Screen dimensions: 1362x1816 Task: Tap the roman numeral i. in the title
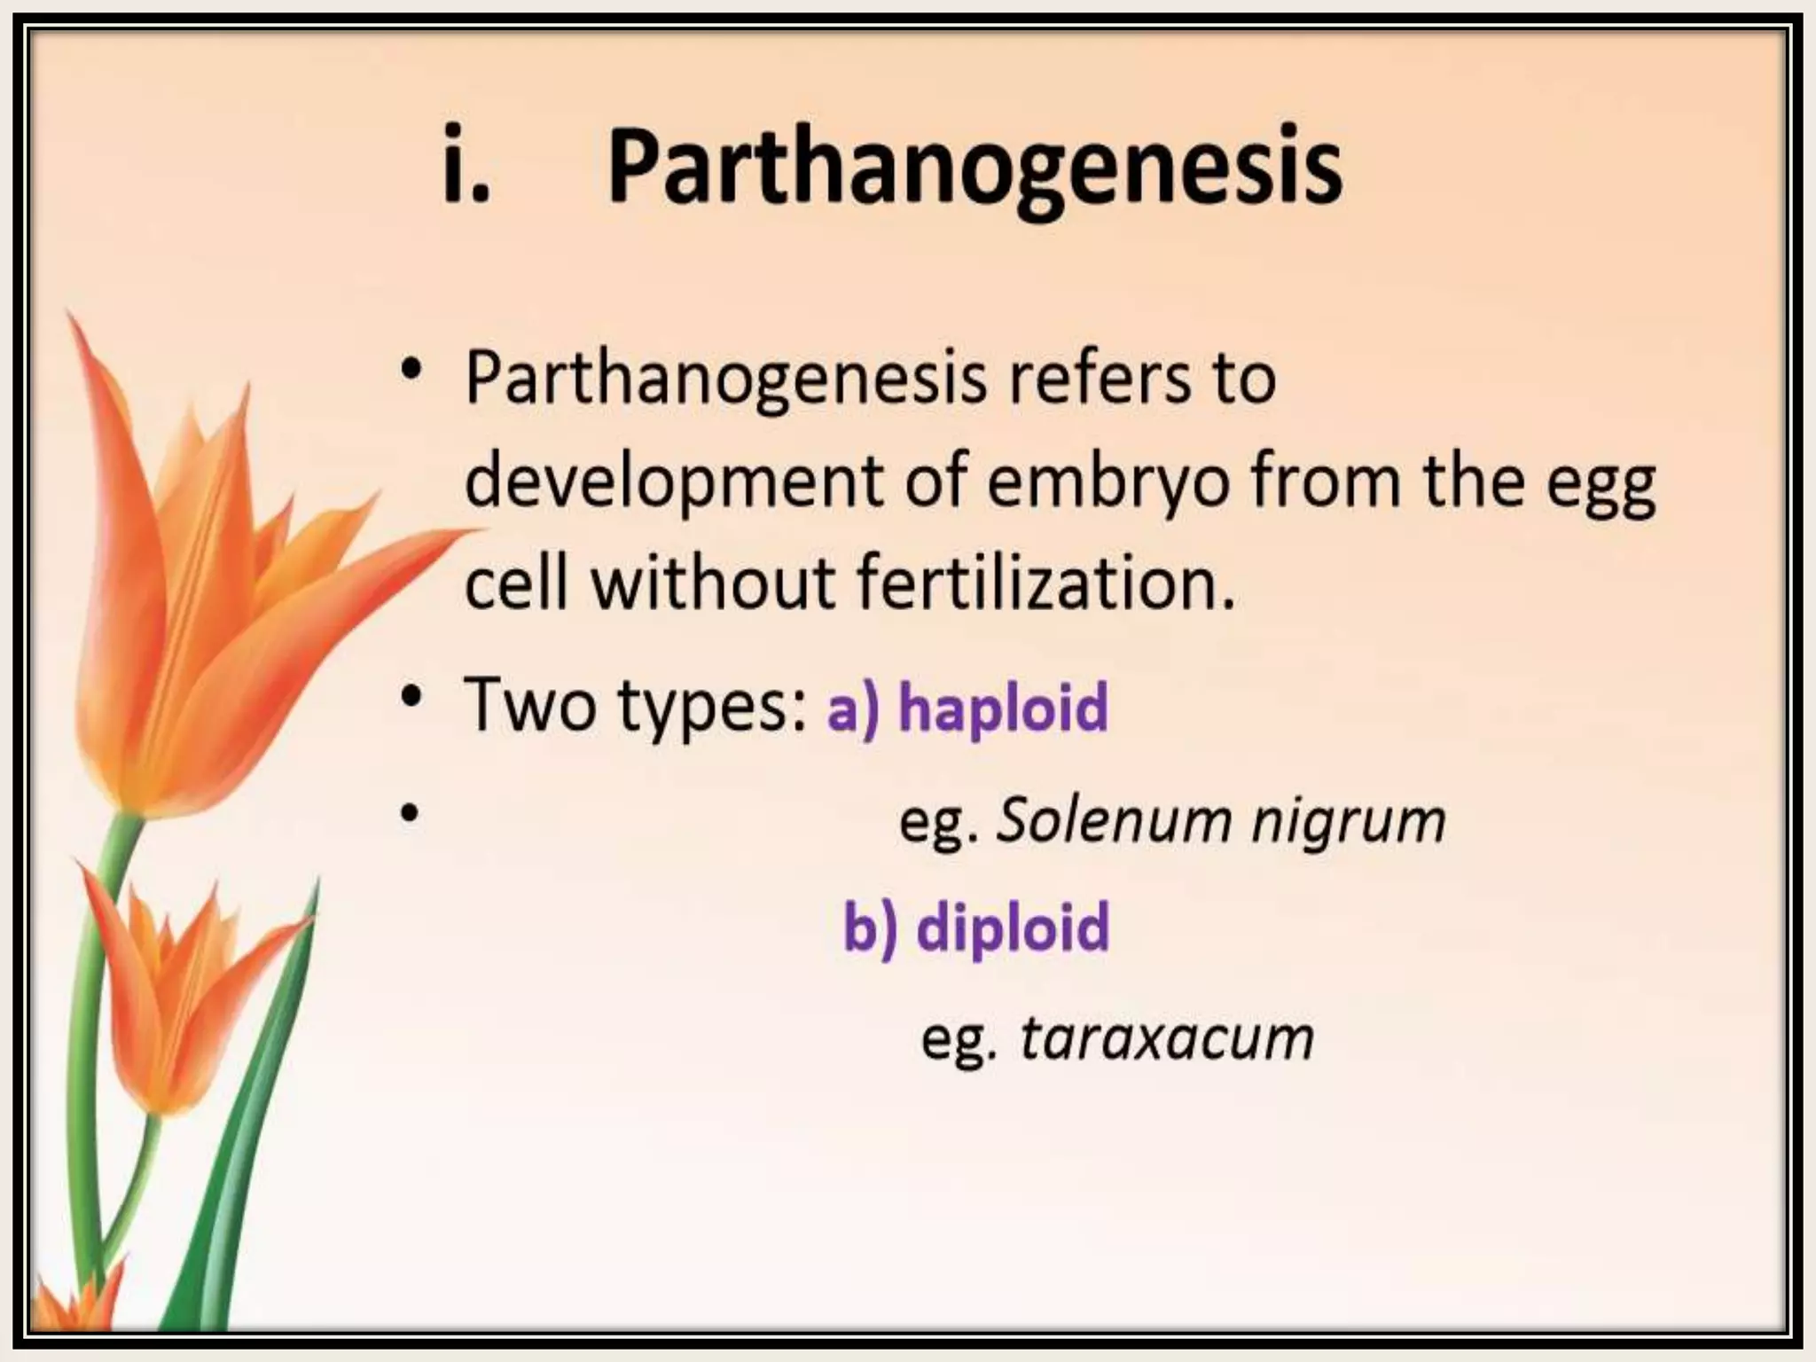pyautogui.click(x=466, y=168)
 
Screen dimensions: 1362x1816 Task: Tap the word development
pyautogui.click(x=674, y=483)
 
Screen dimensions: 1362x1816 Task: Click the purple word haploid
pyautogui.click(x=1003, y=707)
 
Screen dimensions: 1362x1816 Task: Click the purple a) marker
pyautogui.click(x=853, y=708)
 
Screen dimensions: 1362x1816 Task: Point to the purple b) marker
pyautogui.click(x=870, y=927)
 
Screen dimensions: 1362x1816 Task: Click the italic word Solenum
pyautogui.click(x=1115, y=820)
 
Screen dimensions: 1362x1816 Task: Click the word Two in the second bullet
pyautogui.click(x=529, y=705)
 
